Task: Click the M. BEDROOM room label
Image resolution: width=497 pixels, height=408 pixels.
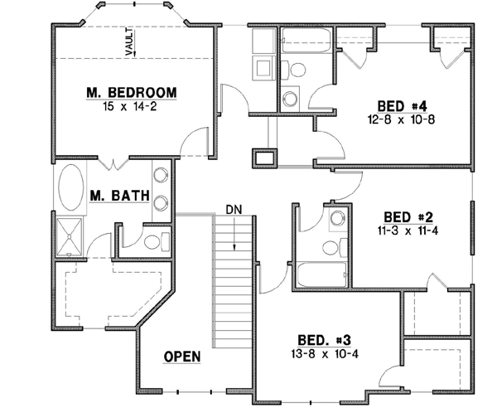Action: point(133,91)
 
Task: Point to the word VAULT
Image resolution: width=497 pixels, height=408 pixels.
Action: point(129,41)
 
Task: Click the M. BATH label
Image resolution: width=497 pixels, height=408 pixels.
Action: point(119,197)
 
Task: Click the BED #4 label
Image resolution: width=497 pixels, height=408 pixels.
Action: point(402,106)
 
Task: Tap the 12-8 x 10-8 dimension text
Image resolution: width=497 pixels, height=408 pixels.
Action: point(402,120)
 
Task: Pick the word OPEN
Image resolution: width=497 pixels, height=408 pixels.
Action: point(182,357)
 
